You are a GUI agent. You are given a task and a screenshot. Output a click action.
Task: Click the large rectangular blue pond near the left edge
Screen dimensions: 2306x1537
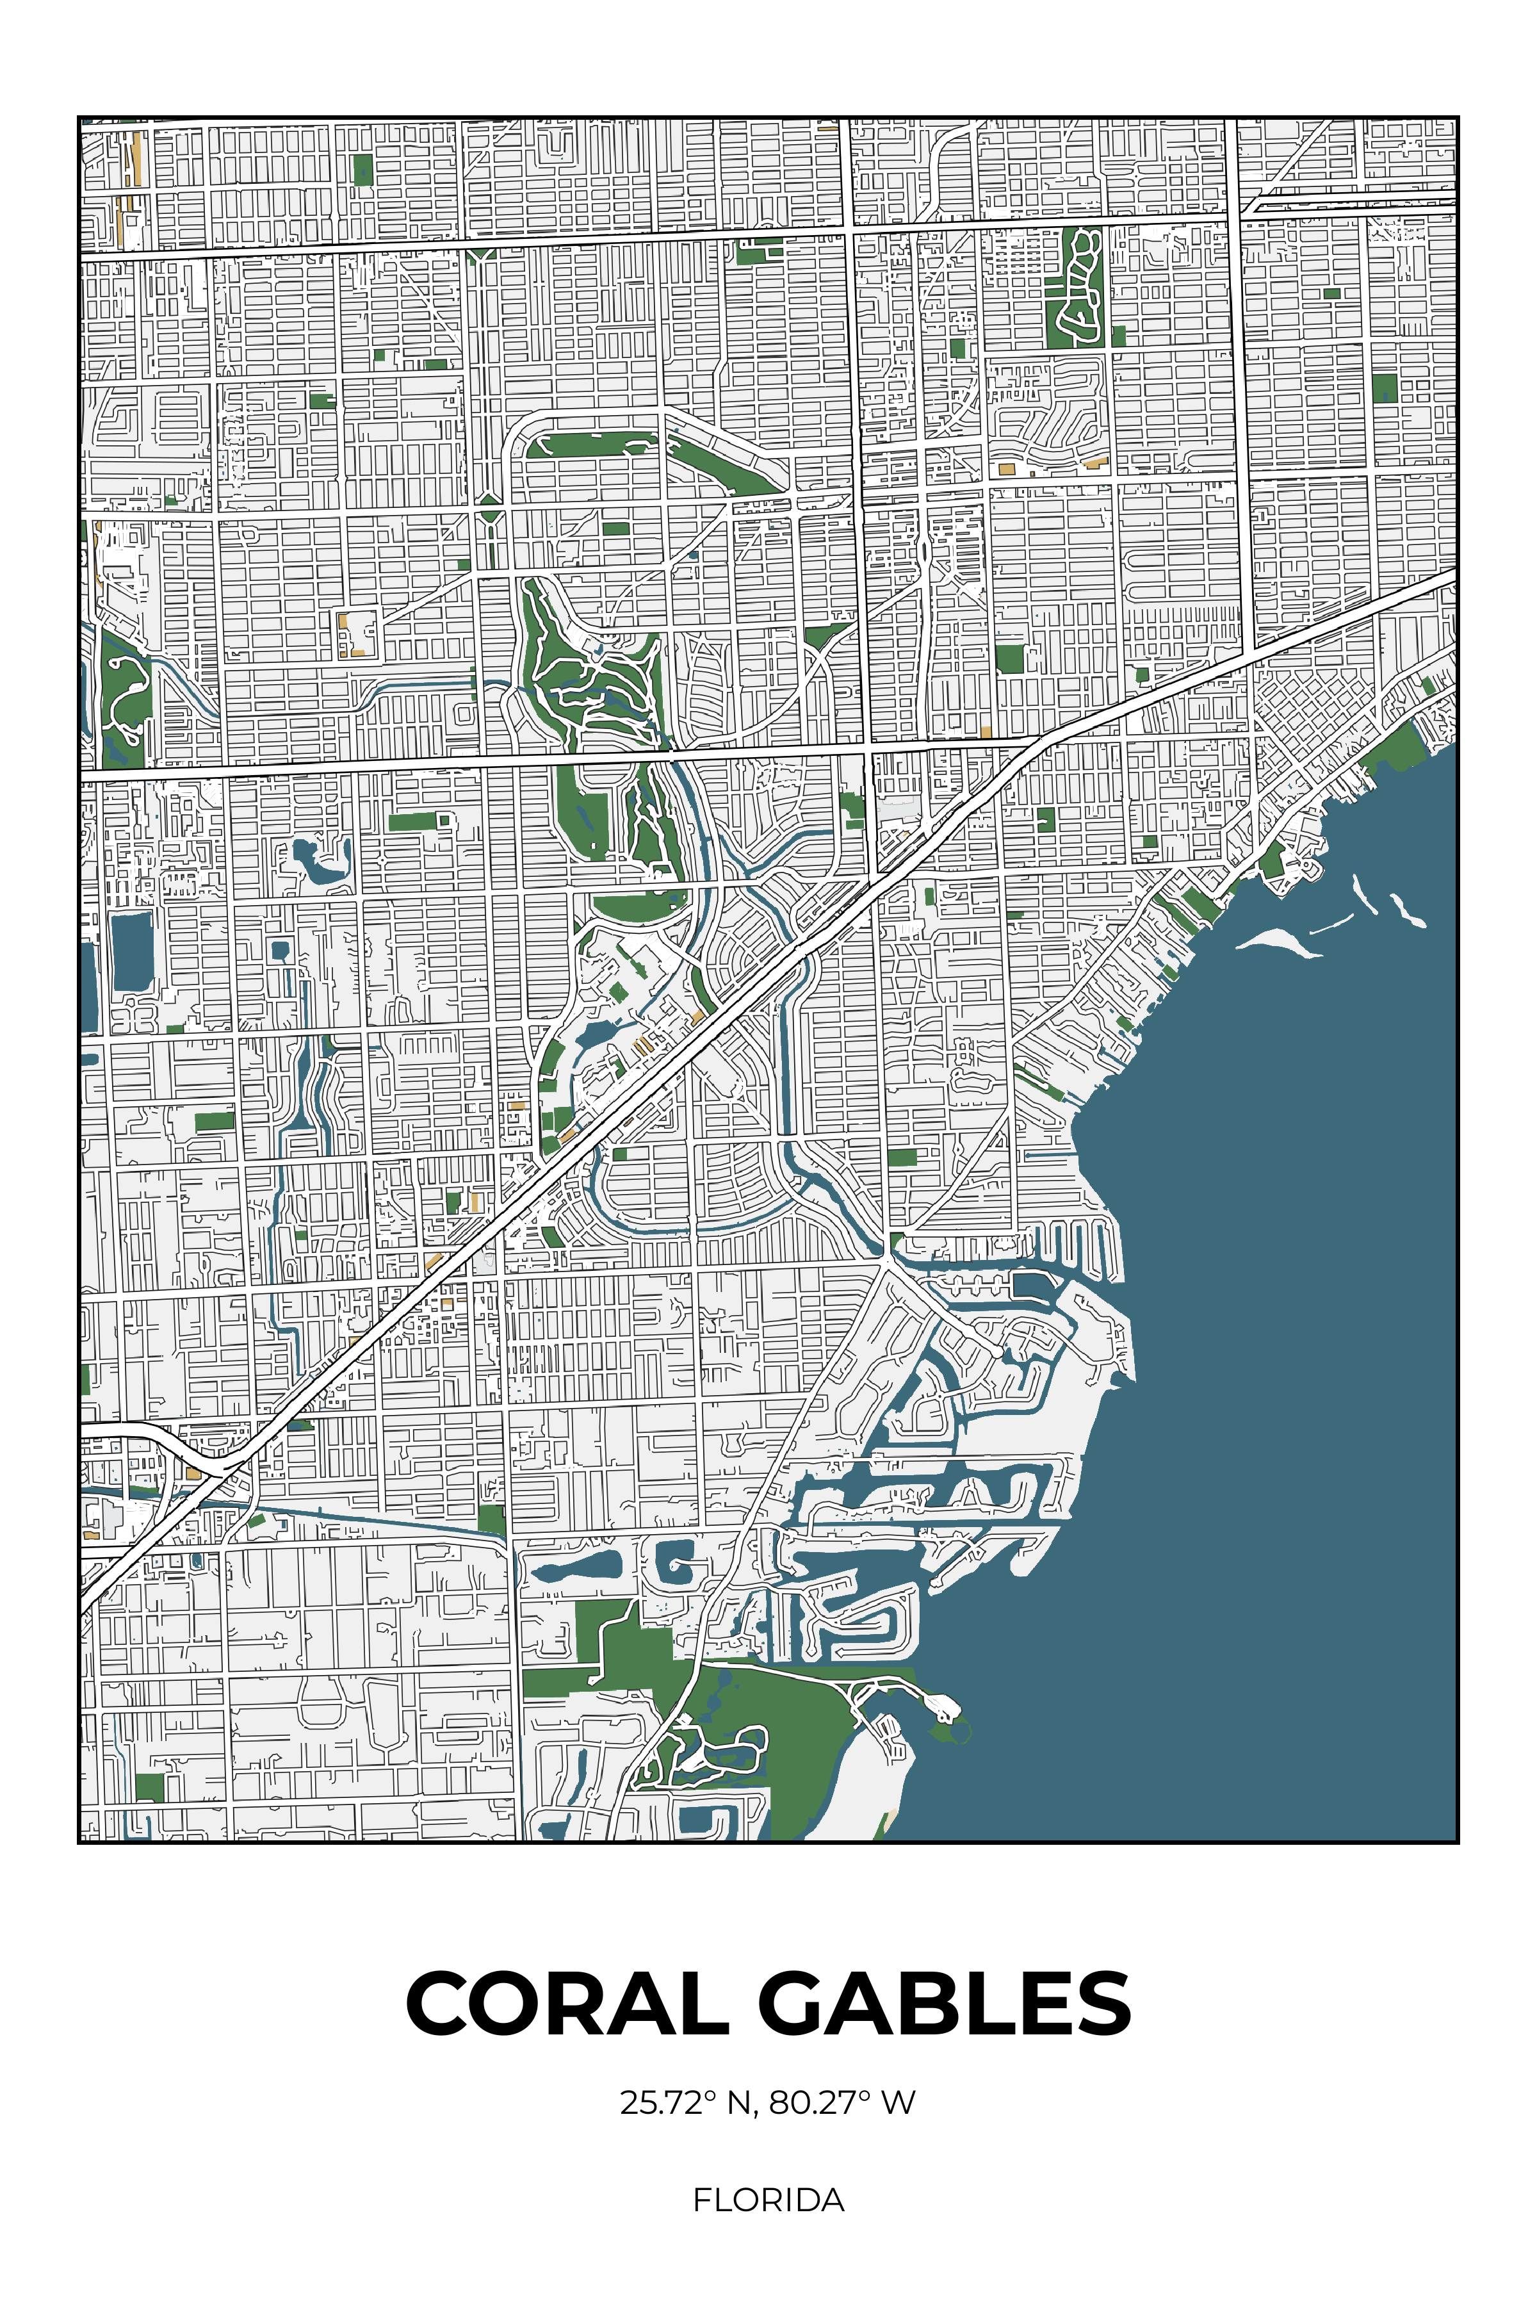(133, 951)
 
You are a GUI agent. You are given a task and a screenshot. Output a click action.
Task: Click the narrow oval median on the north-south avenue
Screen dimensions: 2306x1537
(924, 552)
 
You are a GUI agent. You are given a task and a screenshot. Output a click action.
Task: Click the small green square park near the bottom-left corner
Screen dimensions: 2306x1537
(149, 1787)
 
